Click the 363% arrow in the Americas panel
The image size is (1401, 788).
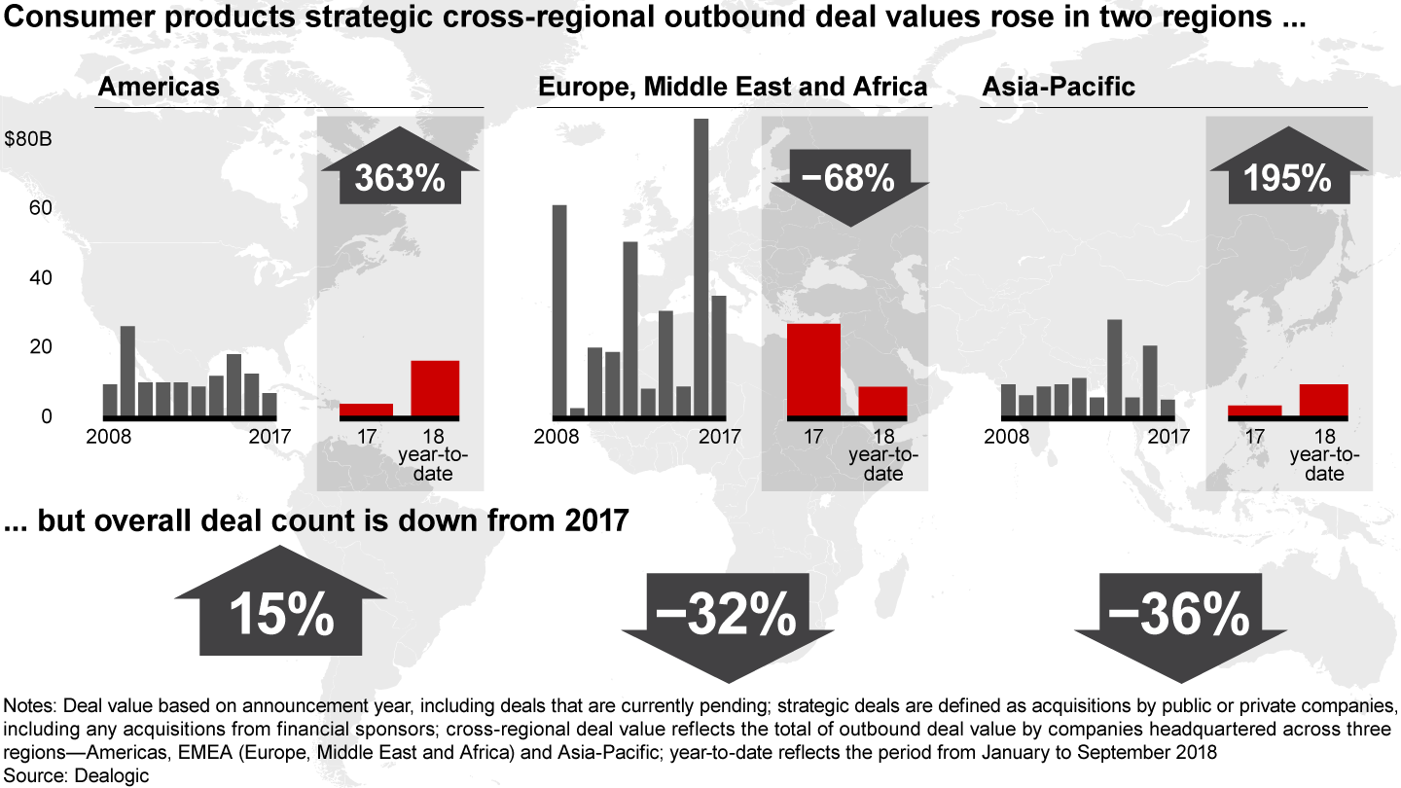[x=399, y=176]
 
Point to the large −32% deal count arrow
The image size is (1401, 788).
[x=725, y=613]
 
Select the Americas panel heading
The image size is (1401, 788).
[x=159, y=87]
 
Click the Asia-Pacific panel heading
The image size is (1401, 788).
[x=1059, y=87]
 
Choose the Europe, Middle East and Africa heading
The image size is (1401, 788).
[x=733, y=87]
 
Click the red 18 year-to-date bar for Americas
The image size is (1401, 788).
[x=435, y=388]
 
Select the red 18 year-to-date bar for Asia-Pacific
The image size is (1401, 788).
[x=1323, y=400]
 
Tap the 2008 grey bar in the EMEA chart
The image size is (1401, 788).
[x=559, y=310]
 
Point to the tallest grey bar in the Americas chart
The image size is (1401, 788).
[x=127, y=371]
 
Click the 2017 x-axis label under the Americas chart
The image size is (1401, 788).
[x=269, y=436]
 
